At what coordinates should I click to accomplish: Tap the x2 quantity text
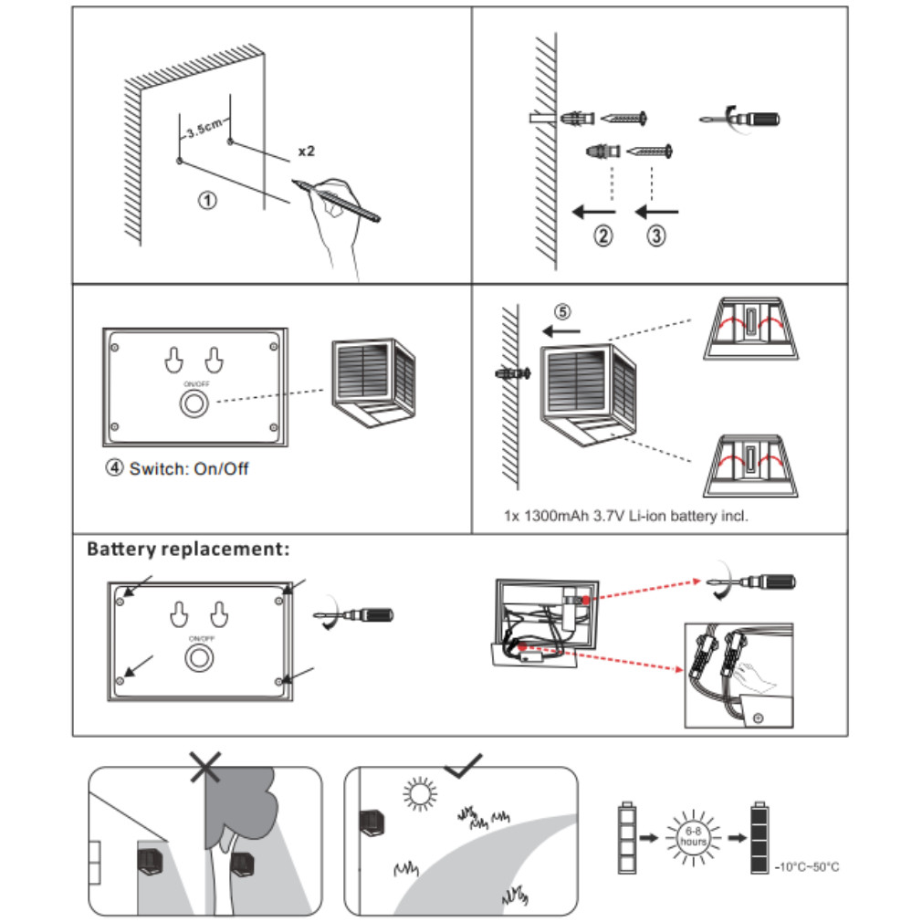[306, 152]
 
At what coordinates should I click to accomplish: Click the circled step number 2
[603, 236]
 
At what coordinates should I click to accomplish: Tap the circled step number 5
[563, 311]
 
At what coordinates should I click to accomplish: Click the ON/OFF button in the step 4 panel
[194, 405]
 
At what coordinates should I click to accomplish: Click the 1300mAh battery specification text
[626, 516]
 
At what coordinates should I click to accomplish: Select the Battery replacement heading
[188, 550]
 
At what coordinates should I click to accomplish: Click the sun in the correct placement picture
[419, 794]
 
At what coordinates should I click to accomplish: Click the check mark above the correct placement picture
[464, 765]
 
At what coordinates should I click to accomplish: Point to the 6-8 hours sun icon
[694, 835]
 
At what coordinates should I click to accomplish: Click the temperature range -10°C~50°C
[807, 866]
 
